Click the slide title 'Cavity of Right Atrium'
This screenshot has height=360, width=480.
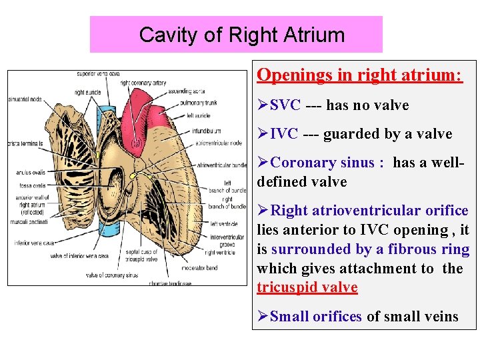(242, 35)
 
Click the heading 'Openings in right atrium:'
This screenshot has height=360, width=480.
(359, 75)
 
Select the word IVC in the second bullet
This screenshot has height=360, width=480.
(284, 134)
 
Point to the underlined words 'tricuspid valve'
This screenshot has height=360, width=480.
(307, 287)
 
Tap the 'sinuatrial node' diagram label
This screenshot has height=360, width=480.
(25, 99)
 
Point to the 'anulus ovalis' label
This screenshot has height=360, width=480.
(29, 173)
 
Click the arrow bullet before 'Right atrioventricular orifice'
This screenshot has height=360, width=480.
(263, 211)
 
